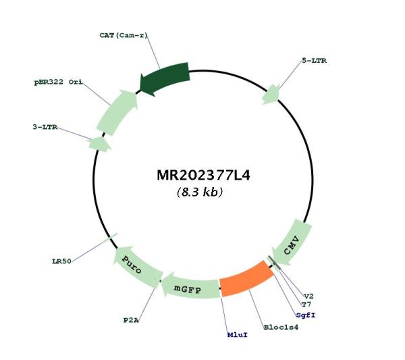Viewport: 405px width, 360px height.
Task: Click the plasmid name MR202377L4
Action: [203, 175]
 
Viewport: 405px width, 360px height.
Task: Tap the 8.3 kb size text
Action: [200, 192]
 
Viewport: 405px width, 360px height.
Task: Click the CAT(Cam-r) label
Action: [124, 35]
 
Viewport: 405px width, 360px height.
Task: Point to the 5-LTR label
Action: [314, 61]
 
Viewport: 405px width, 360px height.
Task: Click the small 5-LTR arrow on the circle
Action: [271, 95]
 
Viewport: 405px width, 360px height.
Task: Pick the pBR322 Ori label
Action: [58, 82]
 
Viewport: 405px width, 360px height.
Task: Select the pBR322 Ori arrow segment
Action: [117, 111]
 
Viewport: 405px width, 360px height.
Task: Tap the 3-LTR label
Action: [45, 127]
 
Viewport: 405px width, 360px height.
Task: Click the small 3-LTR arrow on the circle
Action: [99, 144]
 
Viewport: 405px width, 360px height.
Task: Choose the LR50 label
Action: [61, 261]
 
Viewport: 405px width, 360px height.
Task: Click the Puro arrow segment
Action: [138, 266]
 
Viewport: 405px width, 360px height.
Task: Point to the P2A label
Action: [131, 320]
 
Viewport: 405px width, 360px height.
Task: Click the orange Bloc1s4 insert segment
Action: [246, 278]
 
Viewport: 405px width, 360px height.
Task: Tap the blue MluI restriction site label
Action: [238, 335]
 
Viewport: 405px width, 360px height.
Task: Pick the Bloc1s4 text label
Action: [281, 327]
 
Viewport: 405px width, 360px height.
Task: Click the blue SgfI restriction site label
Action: [306, 315]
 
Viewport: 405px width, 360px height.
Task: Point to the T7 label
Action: [306, 305]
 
